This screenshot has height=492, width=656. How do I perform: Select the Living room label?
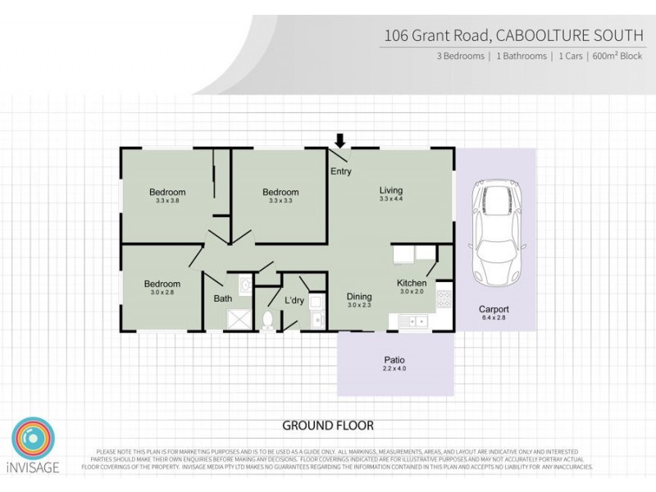(391, 191)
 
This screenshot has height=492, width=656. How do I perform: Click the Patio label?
(395, 360)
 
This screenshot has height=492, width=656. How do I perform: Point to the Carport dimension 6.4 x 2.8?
(495, 318)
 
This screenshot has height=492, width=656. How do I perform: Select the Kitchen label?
(411, 283)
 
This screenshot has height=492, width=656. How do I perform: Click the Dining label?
(359, 297)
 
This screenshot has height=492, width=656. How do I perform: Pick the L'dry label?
(294, 300)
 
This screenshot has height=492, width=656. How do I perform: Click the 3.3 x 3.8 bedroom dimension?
(166, 200)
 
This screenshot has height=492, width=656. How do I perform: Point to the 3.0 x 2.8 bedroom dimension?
(162, 292)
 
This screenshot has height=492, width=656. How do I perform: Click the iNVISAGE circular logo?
(33, 439)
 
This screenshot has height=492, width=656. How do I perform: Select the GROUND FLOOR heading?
(328, 426)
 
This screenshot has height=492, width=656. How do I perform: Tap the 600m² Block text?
(619, 57)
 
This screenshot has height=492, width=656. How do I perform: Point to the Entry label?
(340, 172)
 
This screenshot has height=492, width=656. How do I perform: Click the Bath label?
(222, 299)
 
